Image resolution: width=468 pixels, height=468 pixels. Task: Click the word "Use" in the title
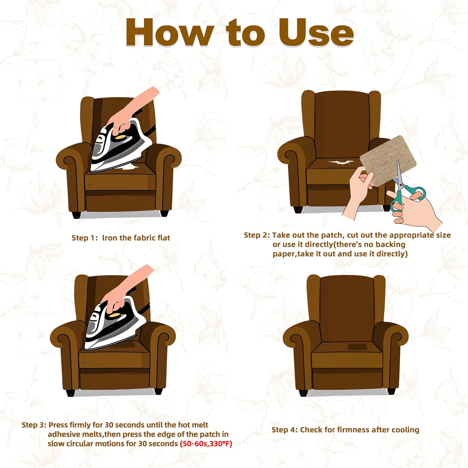(316, 32)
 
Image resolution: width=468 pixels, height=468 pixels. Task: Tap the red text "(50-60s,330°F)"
(206, 444)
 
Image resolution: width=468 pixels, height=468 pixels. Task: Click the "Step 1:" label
(85, 238)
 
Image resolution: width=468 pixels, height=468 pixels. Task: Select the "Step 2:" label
(257, 235)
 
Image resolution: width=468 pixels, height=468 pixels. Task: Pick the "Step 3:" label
(34, 425)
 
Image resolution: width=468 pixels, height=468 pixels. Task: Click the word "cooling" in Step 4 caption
(405, 430)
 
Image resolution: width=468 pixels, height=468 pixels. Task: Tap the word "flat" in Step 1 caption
(163, 238)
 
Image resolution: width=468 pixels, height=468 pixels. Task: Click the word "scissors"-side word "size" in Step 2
(443, 235)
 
